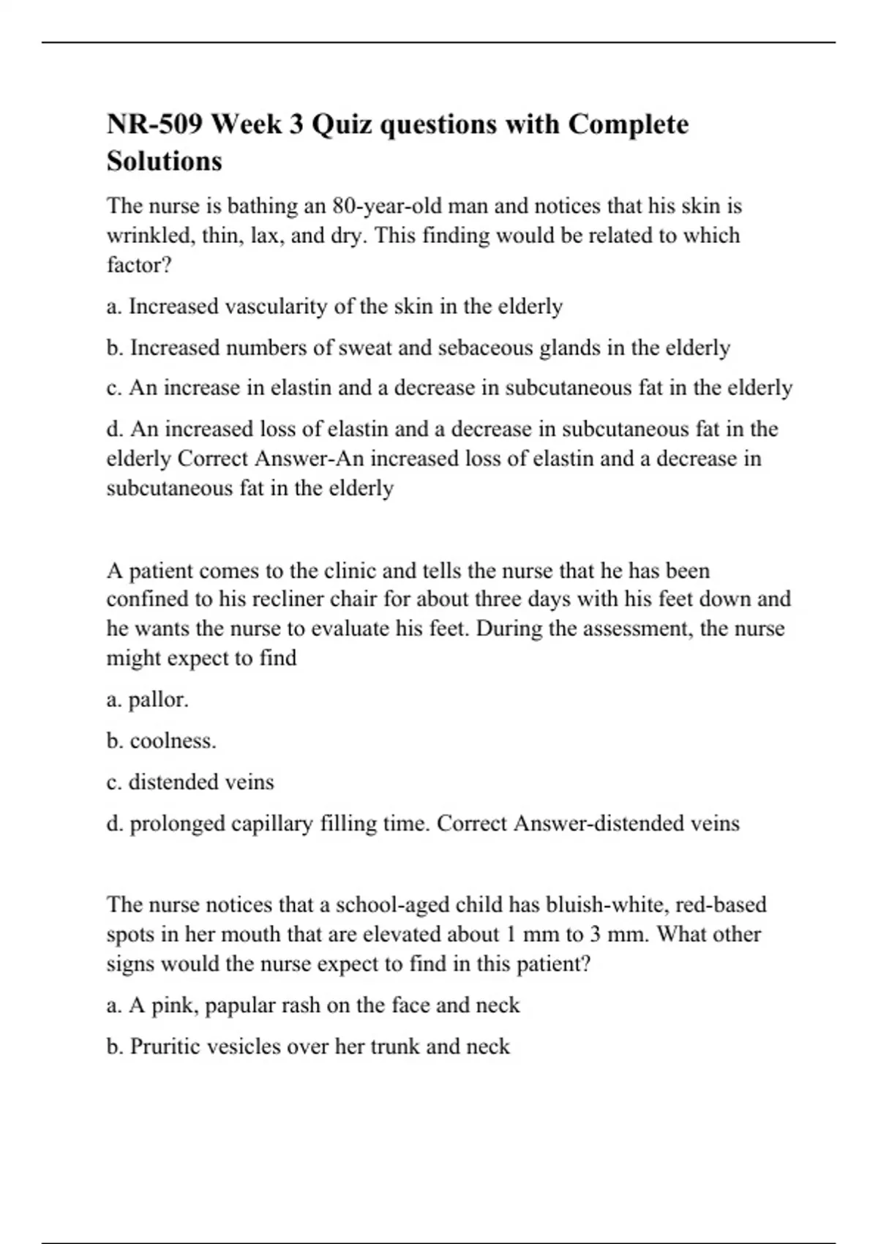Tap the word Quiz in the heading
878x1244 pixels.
pos(344,124)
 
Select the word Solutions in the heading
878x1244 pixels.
pos(165,161)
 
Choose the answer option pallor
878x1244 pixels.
pos(158,700)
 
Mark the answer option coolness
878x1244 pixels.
pos(173,741)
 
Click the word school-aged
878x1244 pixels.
pos(392,904)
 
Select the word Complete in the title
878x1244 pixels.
pos(629,124)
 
